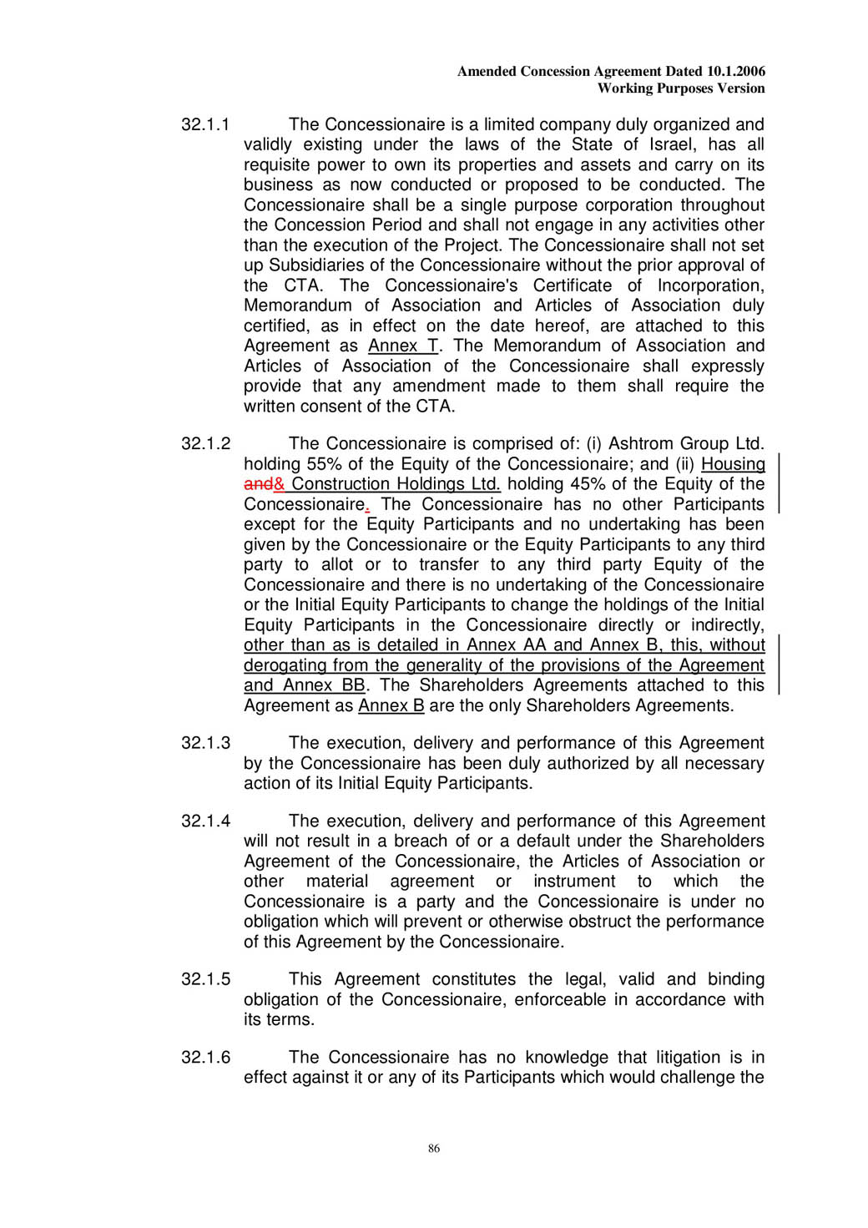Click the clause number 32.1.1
(x=205, y=124)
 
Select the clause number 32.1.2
(x=205, y=443)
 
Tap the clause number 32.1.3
(x=205, y=743)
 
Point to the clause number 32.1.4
(x=205, y=821)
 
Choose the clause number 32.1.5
(x=205, y=979)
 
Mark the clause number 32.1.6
(x=205, y=1058)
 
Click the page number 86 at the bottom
(x=434, y=1149)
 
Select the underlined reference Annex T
(x=403, y=346)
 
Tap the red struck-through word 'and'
(x=258, y=484)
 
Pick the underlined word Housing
(x=733, y=464)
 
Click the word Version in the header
(x=741, y=88)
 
